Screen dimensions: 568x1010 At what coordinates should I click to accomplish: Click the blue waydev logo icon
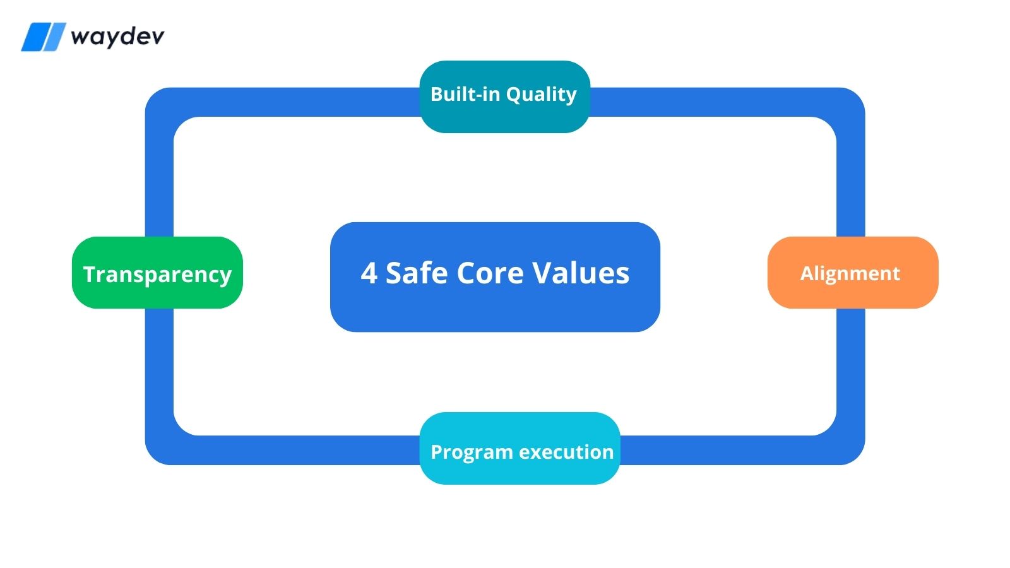(x=43, y=37)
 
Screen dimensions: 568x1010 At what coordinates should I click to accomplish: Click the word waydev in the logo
(x=117, y=37)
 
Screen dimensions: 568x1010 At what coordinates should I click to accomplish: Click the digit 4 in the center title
(x=369, y=273)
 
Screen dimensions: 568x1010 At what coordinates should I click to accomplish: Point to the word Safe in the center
(x=417, y=273)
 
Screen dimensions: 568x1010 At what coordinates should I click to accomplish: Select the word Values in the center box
(x=581, y=273)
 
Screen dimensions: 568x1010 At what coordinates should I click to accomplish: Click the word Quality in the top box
(x=541, y=95)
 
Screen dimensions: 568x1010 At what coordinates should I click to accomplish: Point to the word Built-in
(x=465, y=94)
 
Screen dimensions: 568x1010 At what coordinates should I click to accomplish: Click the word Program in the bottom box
(x=471, y=453)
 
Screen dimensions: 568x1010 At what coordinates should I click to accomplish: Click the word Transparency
(x=157, y=275)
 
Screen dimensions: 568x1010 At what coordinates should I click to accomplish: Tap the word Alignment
(x=850, y=273)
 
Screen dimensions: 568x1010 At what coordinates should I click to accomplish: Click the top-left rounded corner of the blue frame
(x=158, y=101)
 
